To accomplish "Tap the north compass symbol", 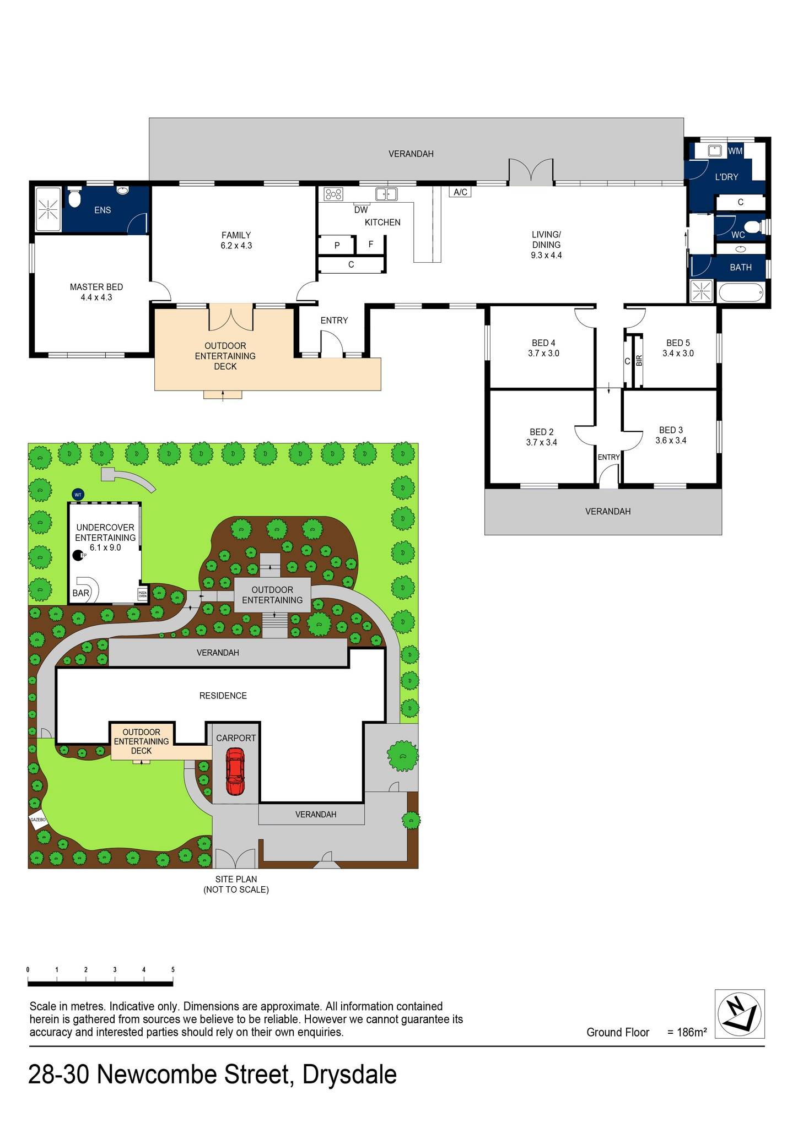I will coord(740,1014).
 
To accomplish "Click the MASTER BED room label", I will coord(96,287).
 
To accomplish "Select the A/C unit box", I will coord(461,192).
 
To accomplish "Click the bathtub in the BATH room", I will coord(741,292).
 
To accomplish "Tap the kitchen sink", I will coord(386,194).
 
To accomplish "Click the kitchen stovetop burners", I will coord(333,194).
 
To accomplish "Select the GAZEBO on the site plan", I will coord(38,820).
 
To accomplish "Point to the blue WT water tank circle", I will coord(78,495).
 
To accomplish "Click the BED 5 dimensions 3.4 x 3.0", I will coord(678,353).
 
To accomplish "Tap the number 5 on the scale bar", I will coord(173,970).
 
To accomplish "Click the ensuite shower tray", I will coord(48,209).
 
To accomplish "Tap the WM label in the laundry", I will coord(735,151).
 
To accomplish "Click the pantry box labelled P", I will coord(337,245).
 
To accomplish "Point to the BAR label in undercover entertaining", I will coord(80,593).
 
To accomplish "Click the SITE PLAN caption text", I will coord(236,879).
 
